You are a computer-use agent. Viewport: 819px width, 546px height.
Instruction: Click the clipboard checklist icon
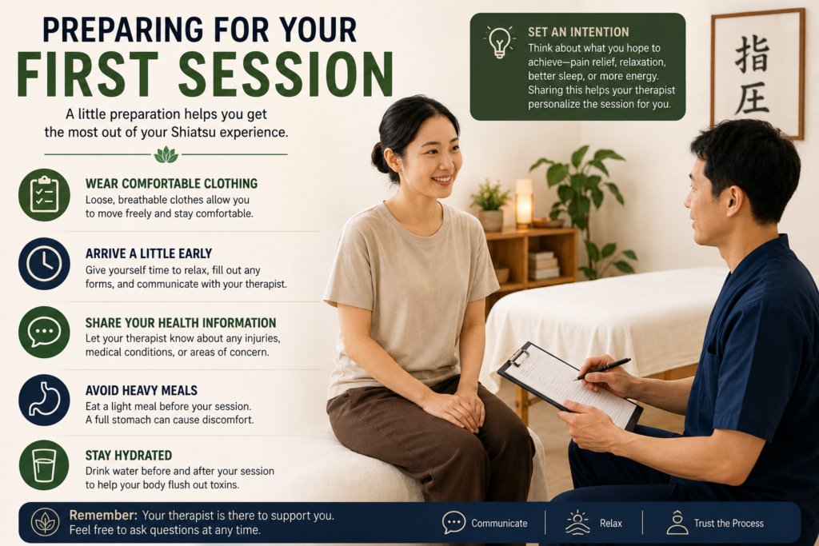tap(45, 195)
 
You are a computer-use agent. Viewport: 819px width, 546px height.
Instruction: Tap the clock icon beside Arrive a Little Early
tap(45, 264)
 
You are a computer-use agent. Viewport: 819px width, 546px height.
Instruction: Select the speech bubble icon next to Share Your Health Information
tap(45, 332)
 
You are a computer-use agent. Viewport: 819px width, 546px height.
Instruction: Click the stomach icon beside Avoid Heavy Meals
tap(45, 400)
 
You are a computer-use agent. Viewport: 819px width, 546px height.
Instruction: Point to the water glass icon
tap(45, 465)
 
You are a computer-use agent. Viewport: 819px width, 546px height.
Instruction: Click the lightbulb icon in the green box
tap(499, 42)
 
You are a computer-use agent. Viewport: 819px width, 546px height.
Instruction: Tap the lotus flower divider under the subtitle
tap(166, 154)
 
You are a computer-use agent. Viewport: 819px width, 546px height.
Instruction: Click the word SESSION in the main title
tap(286, 74)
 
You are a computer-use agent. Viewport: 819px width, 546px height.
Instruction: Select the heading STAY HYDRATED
tap(129, 456)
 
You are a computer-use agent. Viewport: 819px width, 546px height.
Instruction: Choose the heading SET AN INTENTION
tap(578, 32)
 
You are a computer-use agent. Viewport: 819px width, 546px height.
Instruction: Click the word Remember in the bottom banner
tap(103, 515)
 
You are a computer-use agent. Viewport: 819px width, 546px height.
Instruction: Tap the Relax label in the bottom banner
tap(610, 523)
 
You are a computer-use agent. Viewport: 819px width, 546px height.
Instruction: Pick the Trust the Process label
tap(729, 523)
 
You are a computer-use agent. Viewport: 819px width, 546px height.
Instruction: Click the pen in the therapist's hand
tap(601, 369)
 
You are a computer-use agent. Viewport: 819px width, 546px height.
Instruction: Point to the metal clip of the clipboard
tap(518, 357)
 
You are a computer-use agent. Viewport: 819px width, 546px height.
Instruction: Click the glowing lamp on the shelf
tap(524, 203)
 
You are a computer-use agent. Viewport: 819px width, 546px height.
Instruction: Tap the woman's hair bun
tap(380, 157)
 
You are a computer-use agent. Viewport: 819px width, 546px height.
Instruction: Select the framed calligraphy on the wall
tap(757, 74)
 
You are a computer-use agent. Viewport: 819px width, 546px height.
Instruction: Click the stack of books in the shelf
tap(543, 265)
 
